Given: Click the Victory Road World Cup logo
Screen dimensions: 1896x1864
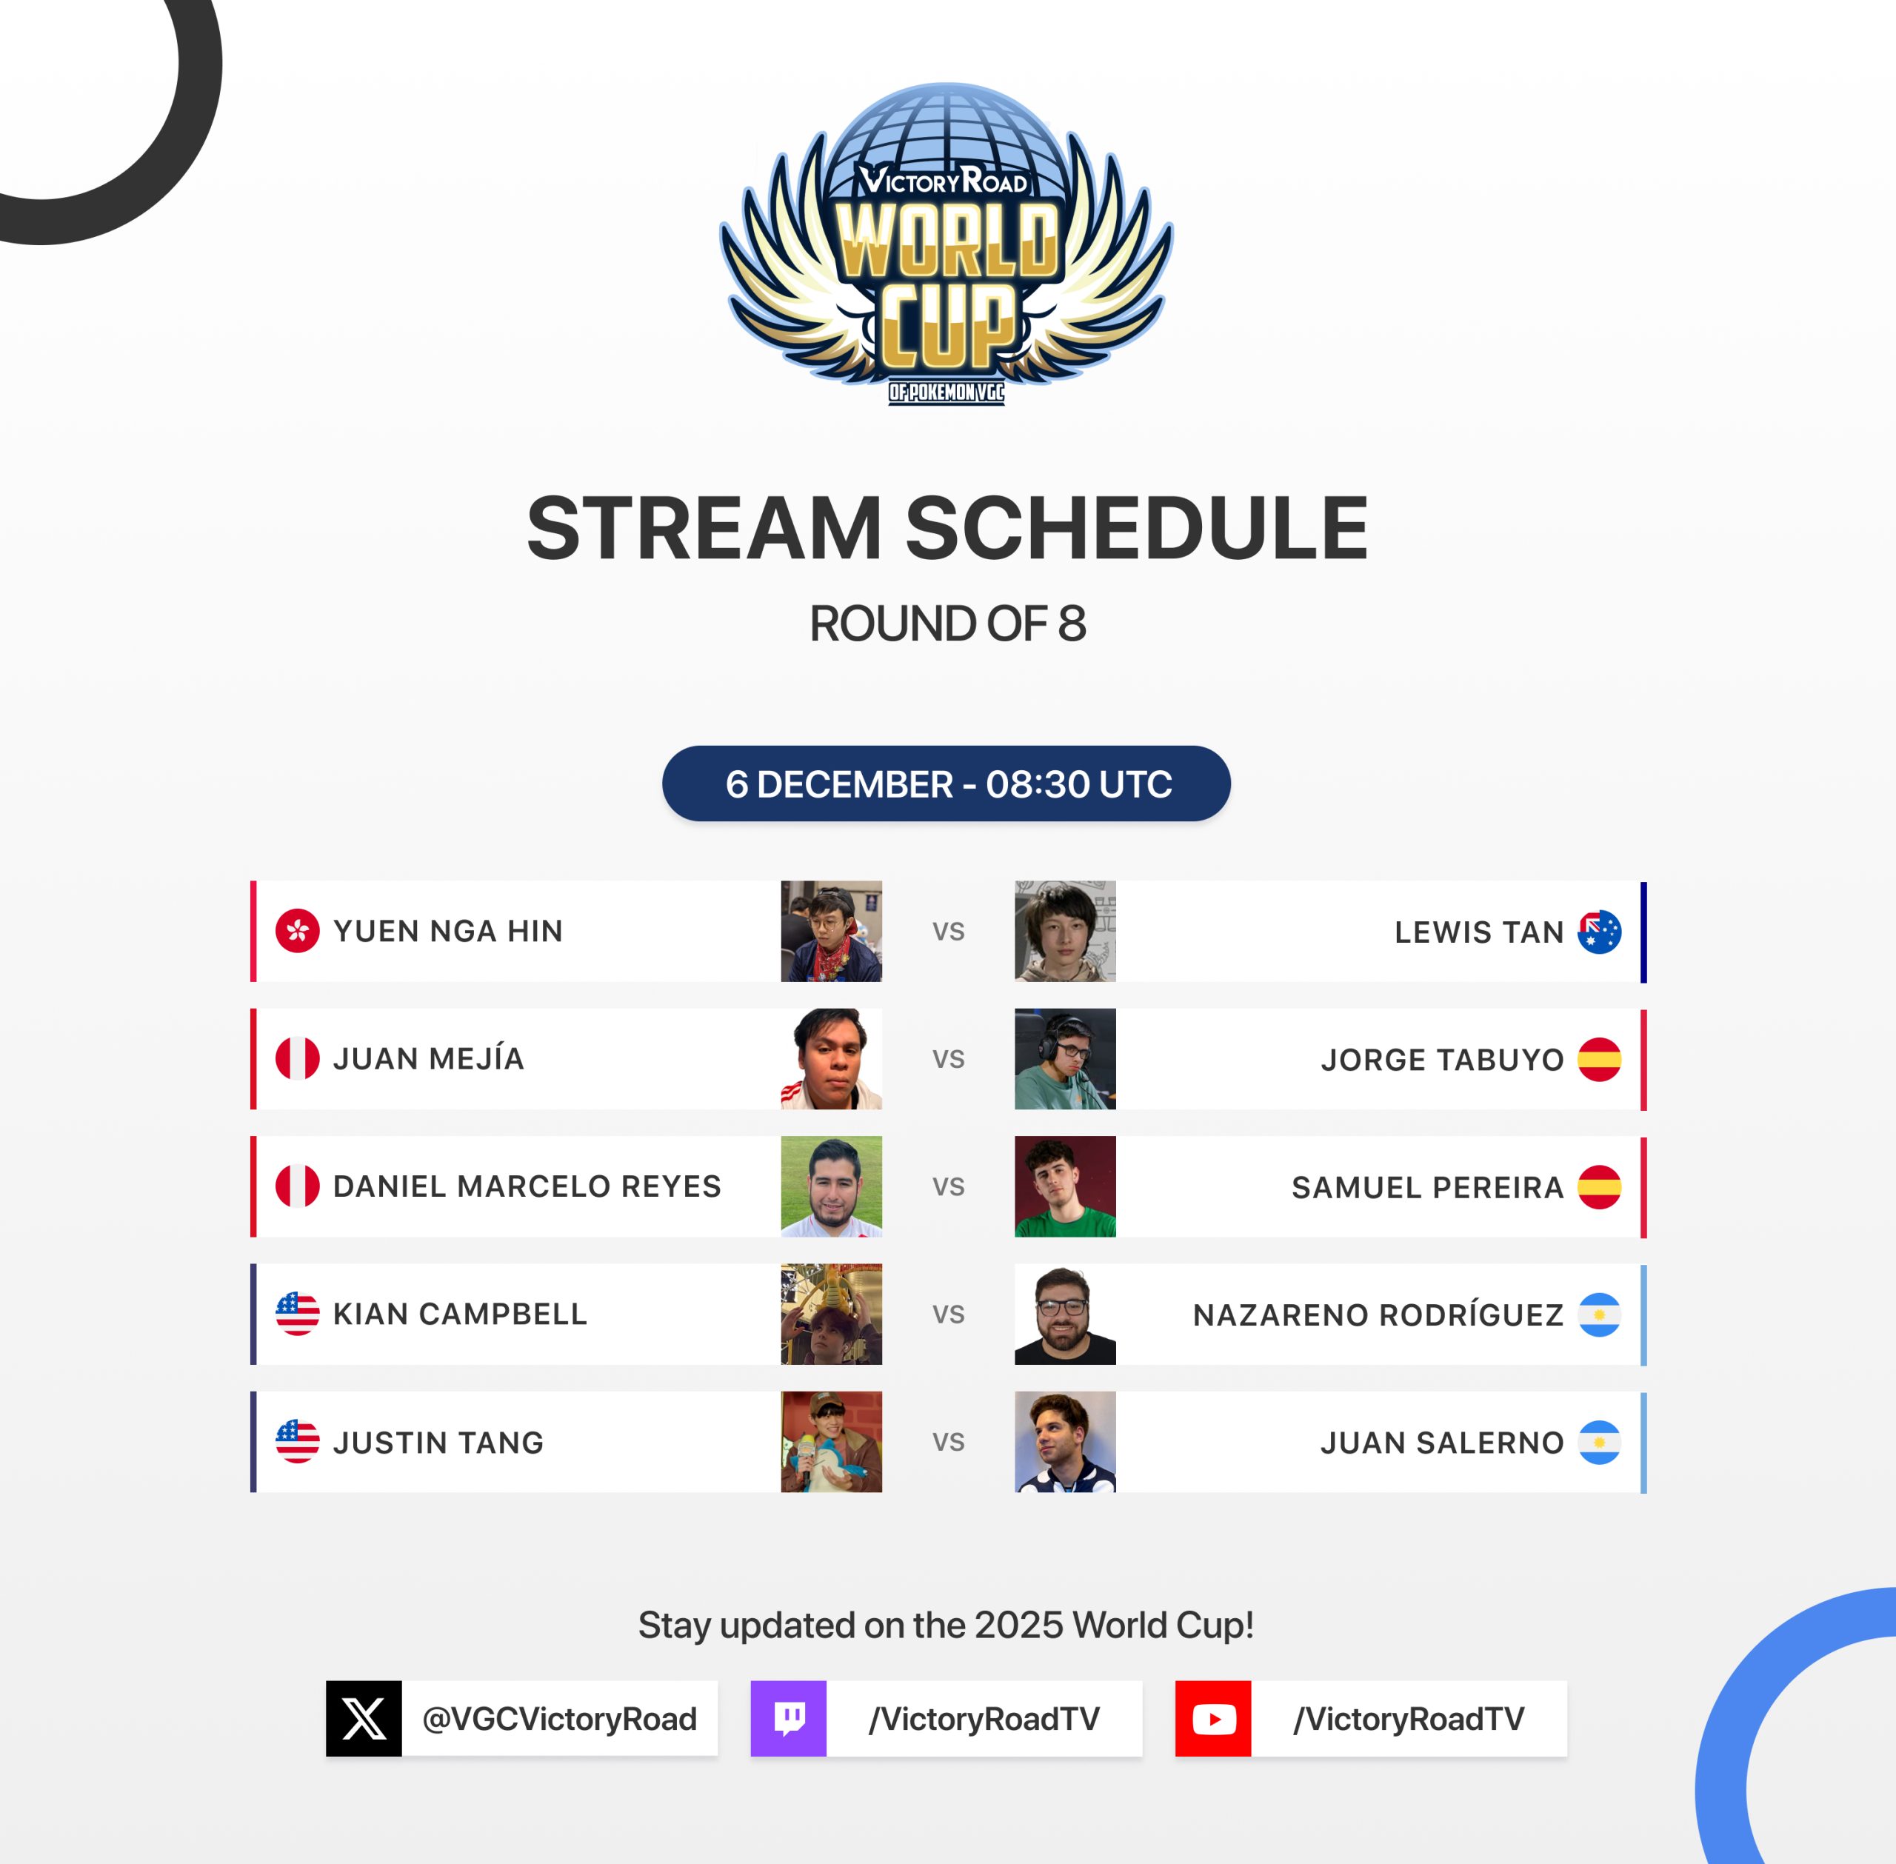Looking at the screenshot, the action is point(947,244).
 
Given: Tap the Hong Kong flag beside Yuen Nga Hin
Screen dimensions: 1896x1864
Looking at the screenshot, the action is point(298,931).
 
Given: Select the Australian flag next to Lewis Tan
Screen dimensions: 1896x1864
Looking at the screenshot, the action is point(1600,932).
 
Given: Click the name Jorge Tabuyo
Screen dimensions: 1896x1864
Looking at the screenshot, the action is point(1443,1059).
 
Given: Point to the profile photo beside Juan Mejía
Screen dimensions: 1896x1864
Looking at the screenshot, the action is point(831,1059).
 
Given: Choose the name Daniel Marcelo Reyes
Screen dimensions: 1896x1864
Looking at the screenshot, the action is point(527,1186).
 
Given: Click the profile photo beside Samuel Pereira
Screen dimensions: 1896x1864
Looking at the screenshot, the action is point(1065,1186).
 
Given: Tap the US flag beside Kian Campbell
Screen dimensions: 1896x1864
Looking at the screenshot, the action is point(298,1314).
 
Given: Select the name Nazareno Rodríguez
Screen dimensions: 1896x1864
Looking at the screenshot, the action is point(1378,1315).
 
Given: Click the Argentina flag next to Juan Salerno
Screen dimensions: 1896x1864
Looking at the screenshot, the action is point(1600,1442).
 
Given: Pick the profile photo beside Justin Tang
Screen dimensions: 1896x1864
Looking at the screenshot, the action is point(831,1442).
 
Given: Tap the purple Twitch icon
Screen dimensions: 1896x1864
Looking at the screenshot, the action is point(789,1718).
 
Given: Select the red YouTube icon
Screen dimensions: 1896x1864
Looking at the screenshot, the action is point(1214,1718).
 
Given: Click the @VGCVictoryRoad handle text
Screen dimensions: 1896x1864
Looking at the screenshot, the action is point(560,1719).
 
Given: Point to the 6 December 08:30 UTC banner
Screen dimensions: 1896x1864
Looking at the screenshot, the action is point(947,784).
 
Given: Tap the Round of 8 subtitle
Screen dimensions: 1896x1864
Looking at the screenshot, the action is point(947,624).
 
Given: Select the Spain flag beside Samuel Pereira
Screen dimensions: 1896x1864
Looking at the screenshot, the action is point(1600,1186).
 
